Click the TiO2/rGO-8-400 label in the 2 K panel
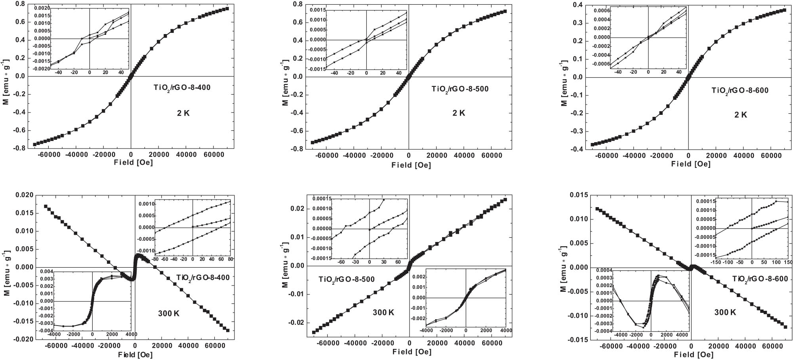(x=182, y=88)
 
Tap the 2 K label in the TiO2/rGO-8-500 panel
(x=458, y=113)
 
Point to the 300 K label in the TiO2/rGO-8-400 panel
(x=169, y=314)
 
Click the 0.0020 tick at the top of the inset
(x=41, y=8)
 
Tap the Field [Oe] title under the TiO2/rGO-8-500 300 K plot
(x=412, y=352)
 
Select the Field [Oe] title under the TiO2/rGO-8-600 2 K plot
(x=691, y=164)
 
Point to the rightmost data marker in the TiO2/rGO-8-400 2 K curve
(x=227, y=9)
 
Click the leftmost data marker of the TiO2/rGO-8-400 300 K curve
(x=46, y=206)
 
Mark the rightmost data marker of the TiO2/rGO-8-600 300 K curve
(x=785, y=327)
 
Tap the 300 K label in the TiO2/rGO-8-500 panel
(x=383, y=312)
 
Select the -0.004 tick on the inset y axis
(x=46, y=331)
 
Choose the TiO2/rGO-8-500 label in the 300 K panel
(x=347, y=279)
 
